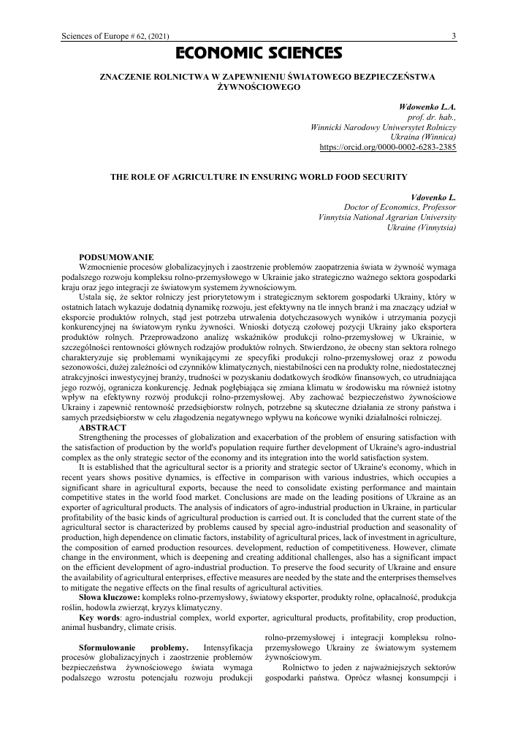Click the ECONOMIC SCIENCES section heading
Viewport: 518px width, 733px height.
click(259, 53)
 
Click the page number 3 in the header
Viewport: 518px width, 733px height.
click(454, 36)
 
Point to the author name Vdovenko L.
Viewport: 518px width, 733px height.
click(434, 197)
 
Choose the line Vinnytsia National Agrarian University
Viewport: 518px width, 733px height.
click(388, 217)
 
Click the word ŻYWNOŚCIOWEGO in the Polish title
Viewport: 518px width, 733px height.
click(259, 86)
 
